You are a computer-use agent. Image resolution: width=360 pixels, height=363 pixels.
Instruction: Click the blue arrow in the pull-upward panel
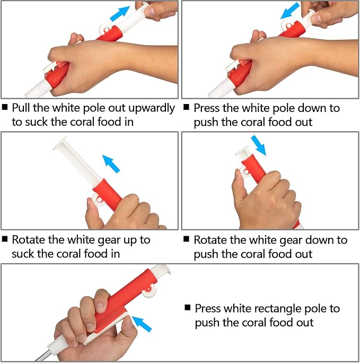tap(119, 14)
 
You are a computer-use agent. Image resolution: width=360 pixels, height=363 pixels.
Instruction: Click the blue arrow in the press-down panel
tap(290, 11)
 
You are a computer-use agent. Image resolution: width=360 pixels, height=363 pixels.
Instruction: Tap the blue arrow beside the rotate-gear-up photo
tap(111, 163)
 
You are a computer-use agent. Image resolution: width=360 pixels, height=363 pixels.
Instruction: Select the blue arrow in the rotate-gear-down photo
tap(259, 145)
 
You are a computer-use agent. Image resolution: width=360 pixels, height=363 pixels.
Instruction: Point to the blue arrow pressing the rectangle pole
tap(142, 324)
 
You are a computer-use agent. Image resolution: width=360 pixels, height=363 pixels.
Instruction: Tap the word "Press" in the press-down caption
tap(206, 108)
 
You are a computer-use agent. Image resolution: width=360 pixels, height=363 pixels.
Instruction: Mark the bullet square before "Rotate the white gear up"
tap(5, 239)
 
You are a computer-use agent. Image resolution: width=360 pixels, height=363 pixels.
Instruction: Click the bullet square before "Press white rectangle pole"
tap(188, 307)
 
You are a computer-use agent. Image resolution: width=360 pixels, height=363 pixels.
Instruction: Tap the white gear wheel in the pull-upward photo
tap(105, 29)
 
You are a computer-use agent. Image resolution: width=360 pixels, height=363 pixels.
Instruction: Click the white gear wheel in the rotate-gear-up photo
tap(98, 200)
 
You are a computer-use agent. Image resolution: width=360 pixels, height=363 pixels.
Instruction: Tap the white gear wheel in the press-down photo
tap(288, 25)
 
